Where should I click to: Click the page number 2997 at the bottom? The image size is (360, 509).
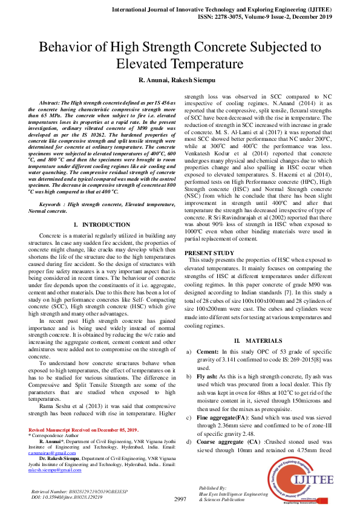[x=180, y=499]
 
